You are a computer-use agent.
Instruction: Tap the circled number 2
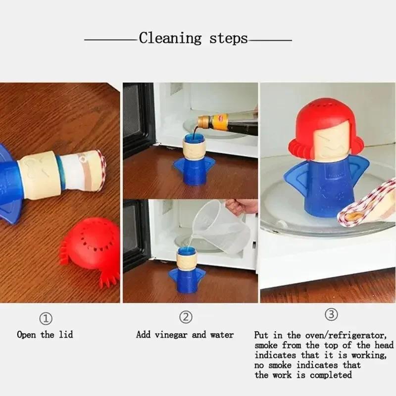[x=185, y=317]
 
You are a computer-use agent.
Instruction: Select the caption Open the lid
[x=45, y=335]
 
